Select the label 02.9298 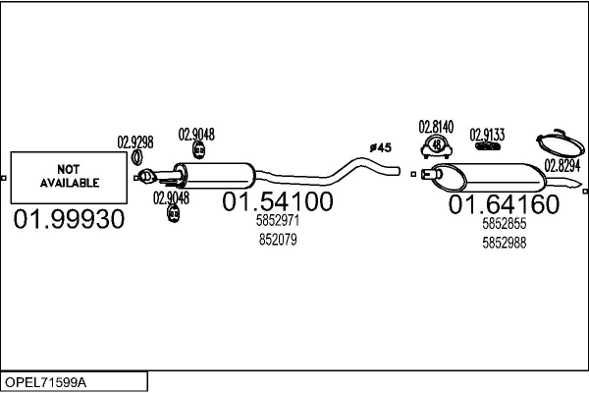(135, 140)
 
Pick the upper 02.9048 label (196, 134)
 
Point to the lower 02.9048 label (171, 196)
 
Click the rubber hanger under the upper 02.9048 (198, 150)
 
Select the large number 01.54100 (278, 202)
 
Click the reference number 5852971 (277, 221)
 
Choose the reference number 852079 (277, 239)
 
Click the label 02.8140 (436, 126)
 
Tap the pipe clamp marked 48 (436, 146)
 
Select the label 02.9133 (486, 134)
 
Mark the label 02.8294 (562, 165)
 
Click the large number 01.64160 (504, 204)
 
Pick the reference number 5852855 (505, 224)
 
